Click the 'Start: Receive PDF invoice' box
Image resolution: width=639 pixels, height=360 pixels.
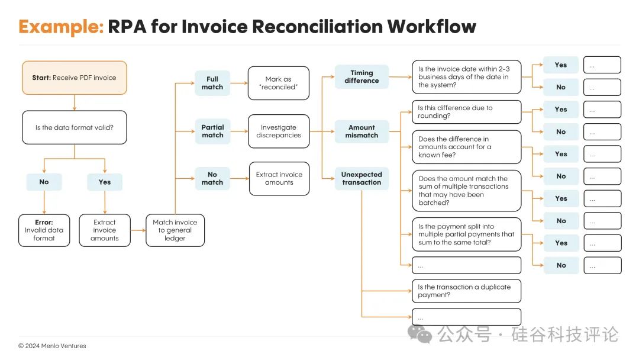(74, 78)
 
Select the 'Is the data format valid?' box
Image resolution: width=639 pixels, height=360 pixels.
(74, 127)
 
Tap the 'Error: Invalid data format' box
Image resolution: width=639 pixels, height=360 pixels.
(44, 230)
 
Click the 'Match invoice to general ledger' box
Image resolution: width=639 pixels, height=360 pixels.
(175, 230)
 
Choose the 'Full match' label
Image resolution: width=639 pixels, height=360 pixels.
(212, 83)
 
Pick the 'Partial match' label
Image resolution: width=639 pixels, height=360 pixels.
(212, 131)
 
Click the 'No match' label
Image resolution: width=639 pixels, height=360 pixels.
(212, 179)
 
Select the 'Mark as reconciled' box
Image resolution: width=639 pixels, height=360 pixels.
(278, 83)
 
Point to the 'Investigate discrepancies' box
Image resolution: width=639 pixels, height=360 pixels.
(278, 131)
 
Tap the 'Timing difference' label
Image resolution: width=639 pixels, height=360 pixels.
(362, 76)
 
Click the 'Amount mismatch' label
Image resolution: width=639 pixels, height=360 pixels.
(362, 131)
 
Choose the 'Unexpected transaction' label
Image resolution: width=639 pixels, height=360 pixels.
(362, 179)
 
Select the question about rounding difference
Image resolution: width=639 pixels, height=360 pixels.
(467, 112)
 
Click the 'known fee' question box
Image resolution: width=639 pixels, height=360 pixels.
(467, 147)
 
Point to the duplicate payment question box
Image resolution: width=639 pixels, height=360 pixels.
(467, 291)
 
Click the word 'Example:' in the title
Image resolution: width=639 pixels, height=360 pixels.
(61, 27)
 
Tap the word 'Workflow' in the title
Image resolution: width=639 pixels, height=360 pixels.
(431, 27)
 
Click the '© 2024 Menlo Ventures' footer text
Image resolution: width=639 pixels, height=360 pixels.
(52, 346)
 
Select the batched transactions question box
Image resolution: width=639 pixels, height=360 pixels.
(467, 191)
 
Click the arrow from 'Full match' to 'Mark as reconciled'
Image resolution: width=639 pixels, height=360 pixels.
(239, 83)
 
